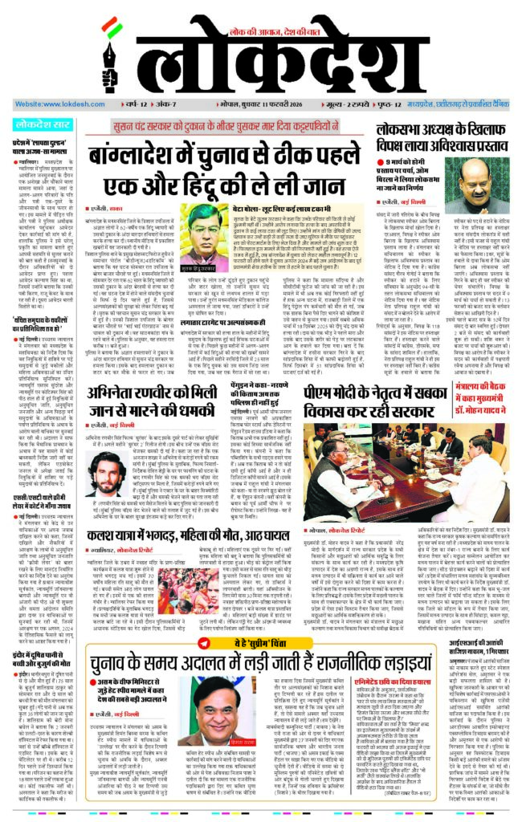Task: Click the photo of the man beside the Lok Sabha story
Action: (x=483, y=184)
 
